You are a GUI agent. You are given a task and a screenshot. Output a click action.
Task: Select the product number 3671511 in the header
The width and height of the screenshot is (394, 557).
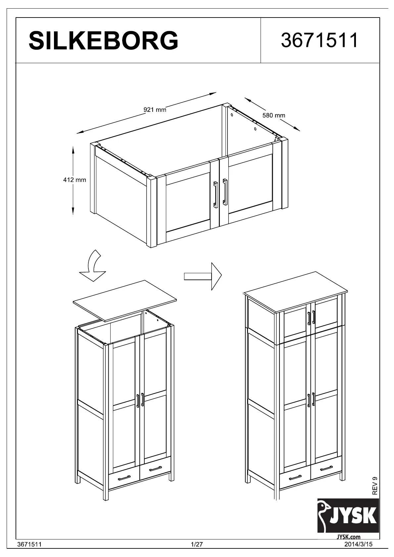coord(320,40)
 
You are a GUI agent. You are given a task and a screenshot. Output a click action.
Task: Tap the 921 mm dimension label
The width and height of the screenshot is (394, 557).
coord(155,109)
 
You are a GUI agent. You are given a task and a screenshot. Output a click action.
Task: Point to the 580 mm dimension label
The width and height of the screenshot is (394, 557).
coord(273,115)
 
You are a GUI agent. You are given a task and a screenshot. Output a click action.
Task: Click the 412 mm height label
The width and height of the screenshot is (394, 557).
coord(74,180)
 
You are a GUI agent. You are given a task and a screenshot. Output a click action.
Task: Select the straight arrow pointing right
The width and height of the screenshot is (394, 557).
coord(203,276)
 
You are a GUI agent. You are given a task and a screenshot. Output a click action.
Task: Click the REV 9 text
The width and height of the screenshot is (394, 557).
coord(375,486)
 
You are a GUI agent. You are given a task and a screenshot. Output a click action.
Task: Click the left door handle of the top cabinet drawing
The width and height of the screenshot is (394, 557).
coord(216,194)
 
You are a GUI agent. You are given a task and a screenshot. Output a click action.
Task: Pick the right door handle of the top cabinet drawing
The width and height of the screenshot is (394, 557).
coord(225,192)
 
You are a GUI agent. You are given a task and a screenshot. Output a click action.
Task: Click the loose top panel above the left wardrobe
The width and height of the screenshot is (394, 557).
coord(125,300)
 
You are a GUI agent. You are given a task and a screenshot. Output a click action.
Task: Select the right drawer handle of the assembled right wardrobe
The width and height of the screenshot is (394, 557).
coord(326,468)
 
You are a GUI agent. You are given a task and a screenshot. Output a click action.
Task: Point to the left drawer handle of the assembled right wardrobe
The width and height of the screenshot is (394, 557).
coord(295,477)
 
